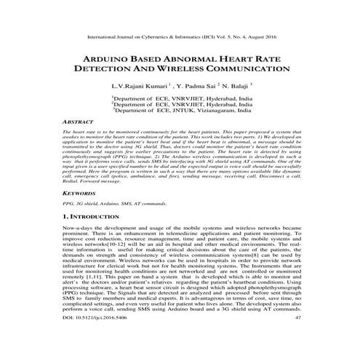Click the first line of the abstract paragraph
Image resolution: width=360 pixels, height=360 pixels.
pos(180,135)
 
